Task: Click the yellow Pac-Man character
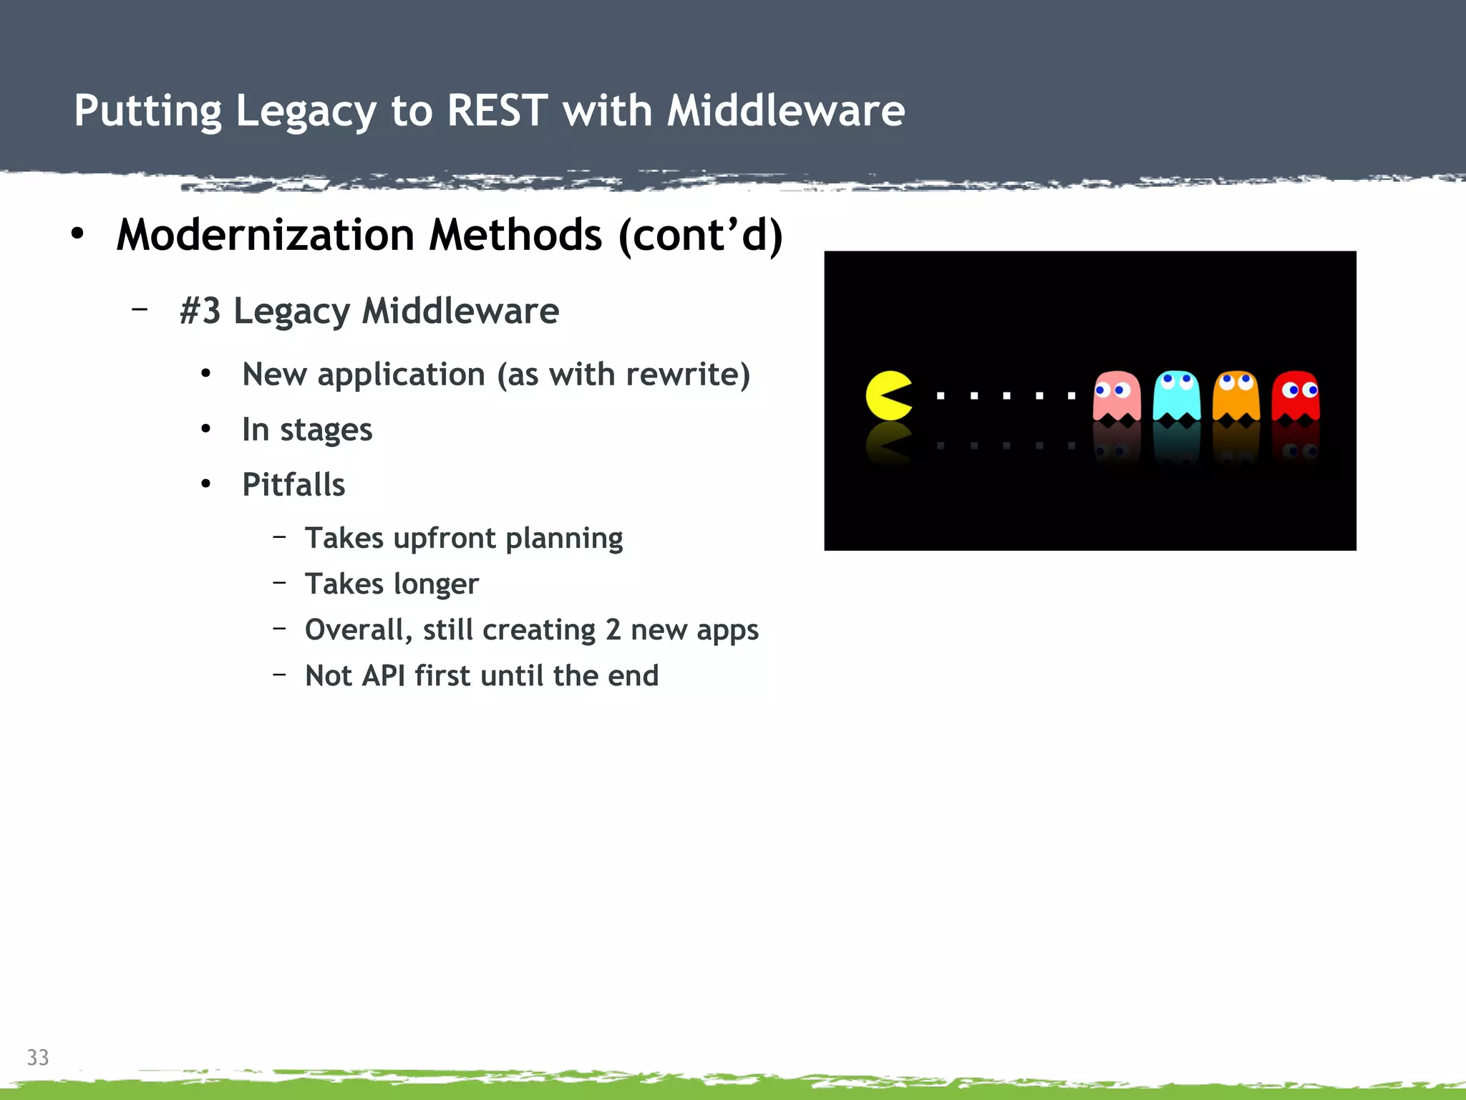tap(888, 395)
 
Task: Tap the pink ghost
tap(1116, 396)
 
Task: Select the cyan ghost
tap(1176, 396)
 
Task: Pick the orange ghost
tap(1236, 396)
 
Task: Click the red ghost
tap(1296, 396)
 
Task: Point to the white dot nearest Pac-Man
tap(941, 395)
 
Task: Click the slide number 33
tap(38, 1057)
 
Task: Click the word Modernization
tap(266, 235)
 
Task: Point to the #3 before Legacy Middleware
tap(200, 311)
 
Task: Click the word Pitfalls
tap(293, 485)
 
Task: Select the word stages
tap(326, 430)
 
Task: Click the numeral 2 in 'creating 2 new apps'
tap(613, 630)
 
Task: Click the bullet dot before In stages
tap(206, 430)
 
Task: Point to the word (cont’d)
tap(701, 235)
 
